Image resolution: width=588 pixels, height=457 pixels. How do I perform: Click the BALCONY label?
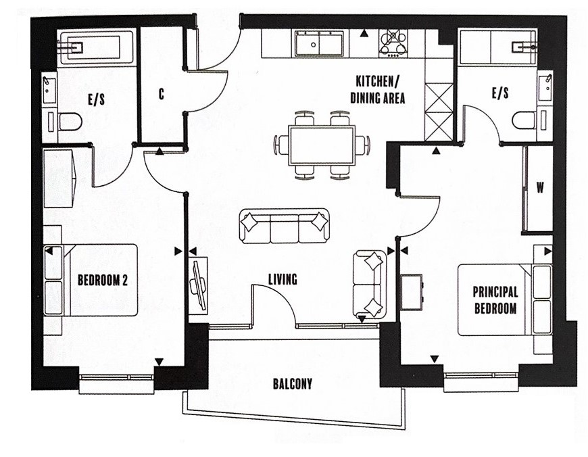click(x=293, y=384)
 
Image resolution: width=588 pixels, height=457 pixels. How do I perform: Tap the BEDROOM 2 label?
click(x=102, y=280)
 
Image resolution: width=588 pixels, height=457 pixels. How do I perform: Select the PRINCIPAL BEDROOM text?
click(x=495, y=299)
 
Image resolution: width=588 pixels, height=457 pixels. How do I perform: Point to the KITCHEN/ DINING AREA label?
click(x=378, y=89)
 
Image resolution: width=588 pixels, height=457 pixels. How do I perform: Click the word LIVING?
click(x=283, y=279)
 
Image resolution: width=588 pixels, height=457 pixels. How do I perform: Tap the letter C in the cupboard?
click(x=162, y=94)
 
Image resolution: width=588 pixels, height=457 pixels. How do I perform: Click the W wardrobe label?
click(x=540, y=187)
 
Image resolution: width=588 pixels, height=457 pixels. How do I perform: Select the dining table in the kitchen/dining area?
click(x=322, y=145)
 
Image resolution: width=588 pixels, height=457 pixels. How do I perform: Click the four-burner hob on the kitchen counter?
click(x=393, y=43)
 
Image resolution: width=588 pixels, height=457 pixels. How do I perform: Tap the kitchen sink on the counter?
click(x=319, y=43)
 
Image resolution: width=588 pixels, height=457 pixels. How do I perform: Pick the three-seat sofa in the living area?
click(x=284, y=226)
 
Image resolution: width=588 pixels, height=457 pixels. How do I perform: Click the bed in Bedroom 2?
click(x=91, y=280)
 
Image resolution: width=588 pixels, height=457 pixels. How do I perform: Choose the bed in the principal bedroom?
click(x=505, y=299)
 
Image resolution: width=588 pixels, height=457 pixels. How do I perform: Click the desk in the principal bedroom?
click(x=412, y=292)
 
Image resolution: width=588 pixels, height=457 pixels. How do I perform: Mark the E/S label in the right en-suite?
click(x=500, y=93)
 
